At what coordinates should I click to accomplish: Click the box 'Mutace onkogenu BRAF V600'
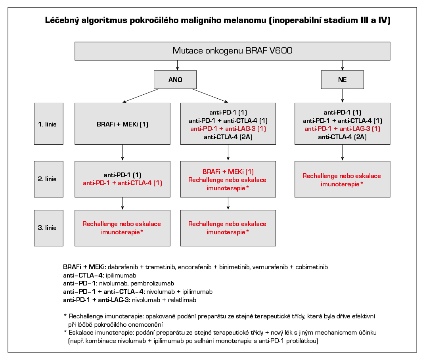(232, 51)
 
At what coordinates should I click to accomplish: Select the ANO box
(175, 80)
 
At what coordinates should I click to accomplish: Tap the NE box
(342, 80)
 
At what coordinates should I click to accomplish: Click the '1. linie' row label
(48, 124)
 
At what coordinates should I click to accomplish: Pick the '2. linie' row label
(48, 179)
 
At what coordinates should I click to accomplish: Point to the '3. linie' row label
(48, 228)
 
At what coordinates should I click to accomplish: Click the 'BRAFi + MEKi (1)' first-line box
(123, 124)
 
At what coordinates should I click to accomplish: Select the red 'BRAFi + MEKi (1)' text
(228, 172)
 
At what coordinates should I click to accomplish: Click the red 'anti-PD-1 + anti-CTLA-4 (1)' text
(123, 183)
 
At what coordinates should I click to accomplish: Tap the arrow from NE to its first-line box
(343, 96)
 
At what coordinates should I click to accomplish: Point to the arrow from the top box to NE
(343, 65)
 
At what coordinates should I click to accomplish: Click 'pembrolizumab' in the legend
(154, 283)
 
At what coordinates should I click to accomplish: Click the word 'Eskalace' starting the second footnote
(80, 332)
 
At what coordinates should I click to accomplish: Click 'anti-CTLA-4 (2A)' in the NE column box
(343, 137)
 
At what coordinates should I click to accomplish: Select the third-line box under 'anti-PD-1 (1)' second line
(123, 228)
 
